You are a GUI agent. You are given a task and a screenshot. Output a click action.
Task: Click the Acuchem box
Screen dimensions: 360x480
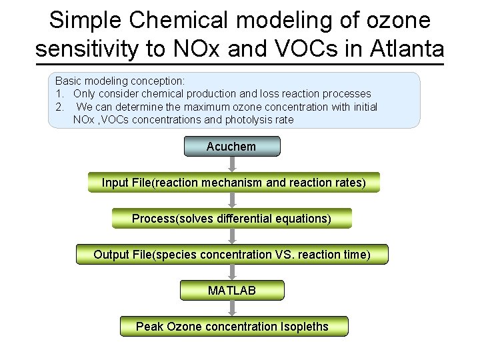pos(231,146)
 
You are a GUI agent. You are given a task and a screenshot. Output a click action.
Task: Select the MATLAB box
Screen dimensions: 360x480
pos(231,290)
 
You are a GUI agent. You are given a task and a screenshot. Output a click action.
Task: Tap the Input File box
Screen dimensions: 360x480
pos(233,182)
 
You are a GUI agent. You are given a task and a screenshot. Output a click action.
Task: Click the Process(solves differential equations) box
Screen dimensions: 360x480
pos(231,218)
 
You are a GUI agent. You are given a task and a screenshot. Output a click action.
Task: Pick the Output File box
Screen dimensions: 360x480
pos(231,254)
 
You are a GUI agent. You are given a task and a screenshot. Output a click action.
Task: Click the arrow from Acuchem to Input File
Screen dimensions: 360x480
pos(231,164)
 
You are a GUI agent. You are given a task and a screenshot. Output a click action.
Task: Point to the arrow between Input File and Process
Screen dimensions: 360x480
pos(231,200)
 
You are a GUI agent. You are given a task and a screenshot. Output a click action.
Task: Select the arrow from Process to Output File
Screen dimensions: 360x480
pos(231,236)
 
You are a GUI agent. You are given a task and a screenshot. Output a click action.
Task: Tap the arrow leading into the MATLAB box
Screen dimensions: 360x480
pos(231,272)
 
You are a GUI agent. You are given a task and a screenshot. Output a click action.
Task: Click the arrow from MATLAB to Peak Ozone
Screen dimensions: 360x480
pos(231,308)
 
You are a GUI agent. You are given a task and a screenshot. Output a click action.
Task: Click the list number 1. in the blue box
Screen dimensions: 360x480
pos(60,93)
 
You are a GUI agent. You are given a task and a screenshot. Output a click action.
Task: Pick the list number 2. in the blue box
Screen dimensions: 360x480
pos(60,107)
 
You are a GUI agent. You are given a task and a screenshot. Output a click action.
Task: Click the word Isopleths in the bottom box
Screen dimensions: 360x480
pos(304,326)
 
